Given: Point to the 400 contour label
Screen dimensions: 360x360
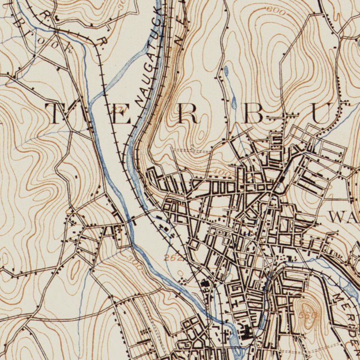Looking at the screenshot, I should pos(224,173).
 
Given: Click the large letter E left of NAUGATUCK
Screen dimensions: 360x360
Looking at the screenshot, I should pos(121,114).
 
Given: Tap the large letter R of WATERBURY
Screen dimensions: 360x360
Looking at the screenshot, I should pos(188,114).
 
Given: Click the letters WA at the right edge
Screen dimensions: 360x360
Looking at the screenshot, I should pos(344,217).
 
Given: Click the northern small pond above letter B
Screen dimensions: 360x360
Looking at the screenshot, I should pos(226,71).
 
